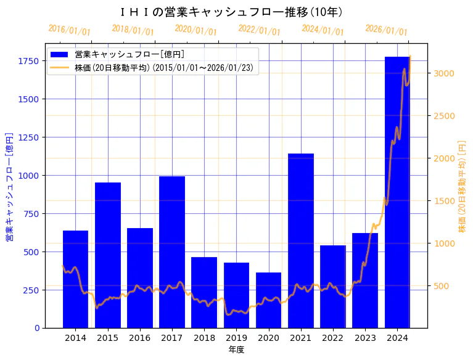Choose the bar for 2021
point(301,240)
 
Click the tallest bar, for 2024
point(397,192)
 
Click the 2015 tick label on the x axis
point(108,338)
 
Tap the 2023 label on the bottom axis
point(365,338)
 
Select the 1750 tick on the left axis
point(29,61)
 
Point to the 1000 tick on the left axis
point(29,176)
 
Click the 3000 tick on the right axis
point(444,73)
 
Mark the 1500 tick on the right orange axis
point(444,201)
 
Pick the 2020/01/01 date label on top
point(195,30)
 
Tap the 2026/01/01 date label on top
point(386,30)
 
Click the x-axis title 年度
point(236,350)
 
